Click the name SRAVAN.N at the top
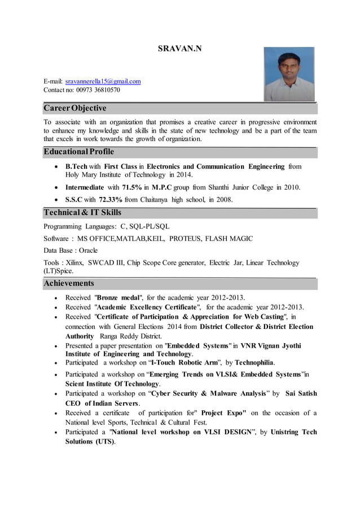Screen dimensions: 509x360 pyautogui.click(x=179, y=49)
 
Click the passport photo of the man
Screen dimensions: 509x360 pyautogui.click(x=289, y=74)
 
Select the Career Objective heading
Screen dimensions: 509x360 pyautogui.click(x=75, y=108)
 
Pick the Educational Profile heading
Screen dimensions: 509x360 pyautogui.click(x=79, y=152)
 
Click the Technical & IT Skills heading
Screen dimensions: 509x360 pyautogui.click(x=82, y=213)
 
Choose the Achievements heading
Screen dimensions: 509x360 pyautogui.click(x=69, y=283)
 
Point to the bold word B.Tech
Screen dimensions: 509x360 pyautogui.click(x=76, y=167)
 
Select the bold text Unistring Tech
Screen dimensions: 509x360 pyautogui.click(x=293, y=432)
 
